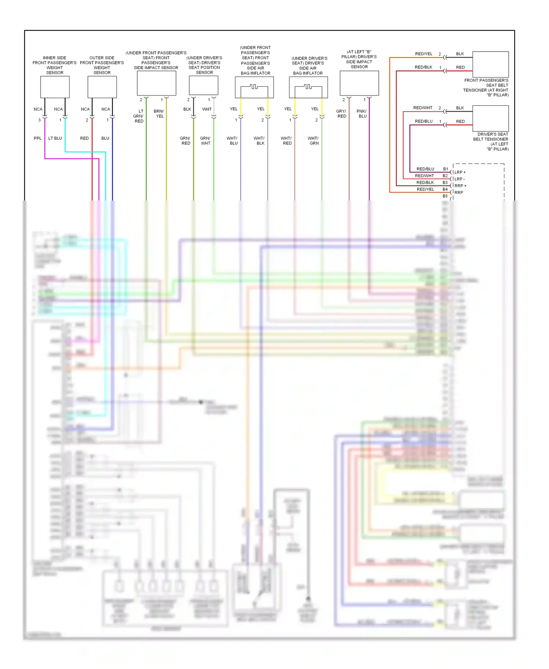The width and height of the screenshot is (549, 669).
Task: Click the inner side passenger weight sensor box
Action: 55,87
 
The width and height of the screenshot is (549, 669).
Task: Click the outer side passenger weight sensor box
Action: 102,87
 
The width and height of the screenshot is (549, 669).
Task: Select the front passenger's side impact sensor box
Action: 156,83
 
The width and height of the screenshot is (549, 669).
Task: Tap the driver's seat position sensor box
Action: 203,85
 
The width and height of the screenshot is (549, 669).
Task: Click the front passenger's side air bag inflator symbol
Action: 254,87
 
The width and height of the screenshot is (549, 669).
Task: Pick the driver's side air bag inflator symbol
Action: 308,87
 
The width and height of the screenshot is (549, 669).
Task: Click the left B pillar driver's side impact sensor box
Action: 359,83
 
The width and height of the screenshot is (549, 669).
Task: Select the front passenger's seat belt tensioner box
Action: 490,64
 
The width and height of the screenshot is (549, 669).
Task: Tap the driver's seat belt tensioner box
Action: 490,118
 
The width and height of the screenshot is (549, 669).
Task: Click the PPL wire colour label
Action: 38,138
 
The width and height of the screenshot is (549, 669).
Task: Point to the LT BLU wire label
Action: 55,138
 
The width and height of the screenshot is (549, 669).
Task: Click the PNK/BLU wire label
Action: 362,114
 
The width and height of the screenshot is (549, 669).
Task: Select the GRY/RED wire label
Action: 341,114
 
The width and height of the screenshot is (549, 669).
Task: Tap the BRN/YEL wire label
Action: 159,114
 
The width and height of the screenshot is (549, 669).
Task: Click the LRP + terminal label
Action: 460,172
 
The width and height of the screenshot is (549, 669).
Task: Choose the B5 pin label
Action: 445,196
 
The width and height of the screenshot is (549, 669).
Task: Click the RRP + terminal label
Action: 460,186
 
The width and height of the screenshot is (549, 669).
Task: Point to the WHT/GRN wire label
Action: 314,141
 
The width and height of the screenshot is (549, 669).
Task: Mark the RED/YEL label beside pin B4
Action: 425,189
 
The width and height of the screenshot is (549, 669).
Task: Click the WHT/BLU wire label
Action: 233,141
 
